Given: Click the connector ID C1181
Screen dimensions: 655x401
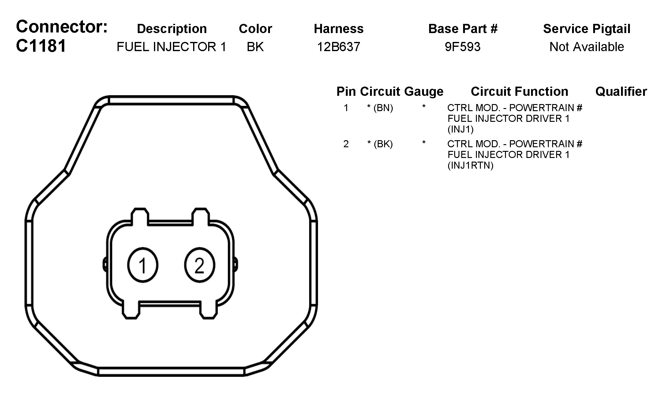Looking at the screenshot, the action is pyautogui.click(x=41, y=46).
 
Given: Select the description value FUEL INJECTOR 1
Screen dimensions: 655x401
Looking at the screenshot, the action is pyautogui.click(x=172, y=47).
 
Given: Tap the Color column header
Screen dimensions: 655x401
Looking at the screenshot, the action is pyautogui.click(x=255, y=29).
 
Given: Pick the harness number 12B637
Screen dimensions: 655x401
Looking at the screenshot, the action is pyautogui.click(x=339, y=47).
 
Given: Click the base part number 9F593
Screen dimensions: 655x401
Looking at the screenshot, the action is pyautogui.click(x=463, y=47).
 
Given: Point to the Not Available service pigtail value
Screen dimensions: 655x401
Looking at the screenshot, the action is pyautogui.click(x=587, y=47).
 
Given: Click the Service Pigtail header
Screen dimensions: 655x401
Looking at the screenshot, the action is pyautogui.click(x=587, y=29).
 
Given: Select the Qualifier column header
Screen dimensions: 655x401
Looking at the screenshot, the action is pyautogui.click(x=621, y=92).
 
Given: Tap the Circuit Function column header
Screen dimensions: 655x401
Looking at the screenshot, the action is pyautogui.click(x=519, y=92).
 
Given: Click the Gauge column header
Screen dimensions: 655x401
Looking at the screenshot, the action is pyautogui.click(x=424, y=92).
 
